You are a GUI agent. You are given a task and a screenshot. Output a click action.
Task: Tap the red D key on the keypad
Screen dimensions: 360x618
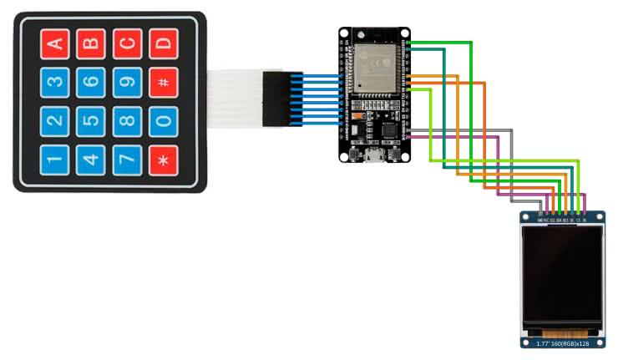164,43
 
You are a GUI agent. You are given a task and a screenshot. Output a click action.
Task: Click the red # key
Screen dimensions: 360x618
164,82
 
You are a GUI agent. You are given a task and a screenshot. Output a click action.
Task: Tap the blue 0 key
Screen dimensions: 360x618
164,120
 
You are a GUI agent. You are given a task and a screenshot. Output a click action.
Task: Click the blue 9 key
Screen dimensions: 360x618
127,82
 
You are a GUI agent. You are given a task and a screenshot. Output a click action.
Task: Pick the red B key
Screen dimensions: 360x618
91,43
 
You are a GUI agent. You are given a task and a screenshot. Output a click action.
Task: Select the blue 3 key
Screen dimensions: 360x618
54,82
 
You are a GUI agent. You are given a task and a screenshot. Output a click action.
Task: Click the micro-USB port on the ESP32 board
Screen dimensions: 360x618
372,155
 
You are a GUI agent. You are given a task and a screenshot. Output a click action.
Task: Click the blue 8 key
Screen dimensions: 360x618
127,120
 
